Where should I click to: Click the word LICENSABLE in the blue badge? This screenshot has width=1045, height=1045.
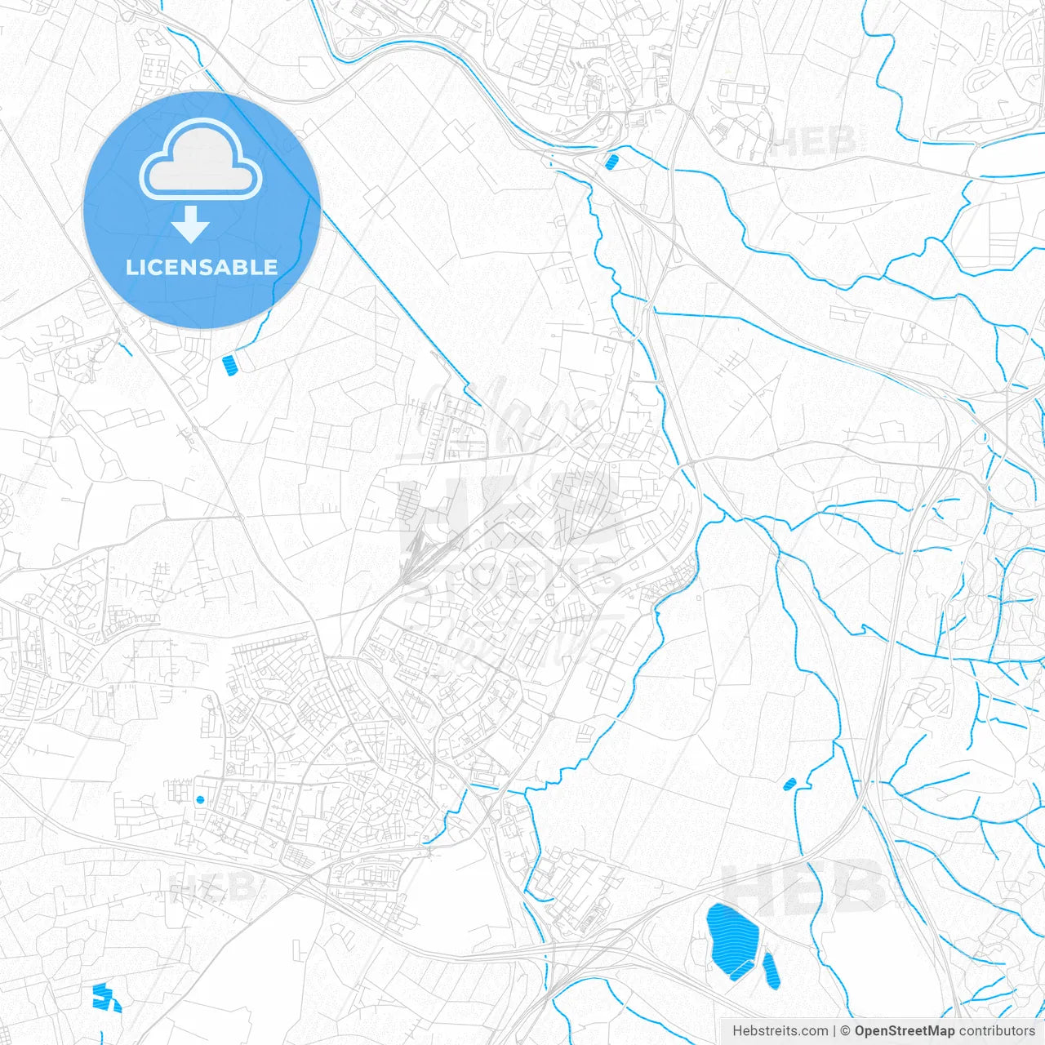click(202, 267)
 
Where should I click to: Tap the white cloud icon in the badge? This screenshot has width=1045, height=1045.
click(201, 160)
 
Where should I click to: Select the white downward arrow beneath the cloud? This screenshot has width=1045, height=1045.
click(191, 225)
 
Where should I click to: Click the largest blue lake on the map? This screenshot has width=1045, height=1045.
click(731, 939)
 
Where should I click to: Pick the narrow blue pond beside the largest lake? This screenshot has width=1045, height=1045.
click(771, 970)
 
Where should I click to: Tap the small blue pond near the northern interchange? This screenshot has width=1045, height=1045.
click(611, 162)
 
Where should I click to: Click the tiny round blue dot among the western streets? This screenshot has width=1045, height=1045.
click(200, 799)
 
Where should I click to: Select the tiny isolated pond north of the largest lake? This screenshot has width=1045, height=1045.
click(789, 785)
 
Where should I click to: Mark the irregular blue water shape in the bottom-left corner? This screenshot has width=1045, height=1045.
click(104, 996)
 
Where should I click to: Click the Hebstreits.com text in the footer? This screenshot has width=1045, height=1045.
click(780, 1031)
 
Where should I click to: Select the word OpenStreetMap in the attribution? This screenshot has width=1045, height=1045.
click(904, 1031)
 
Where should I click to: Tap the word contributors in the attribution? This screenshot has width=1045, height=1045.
click(996, 1031)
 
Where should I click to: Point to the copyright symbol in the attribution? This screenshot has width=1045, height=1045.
click(845, 1031)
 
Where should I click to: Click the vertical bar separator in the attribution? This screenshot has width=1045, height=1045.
click(834, 1031)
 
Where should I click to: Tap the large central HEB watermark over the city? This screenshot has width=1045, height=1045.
click(506, 514)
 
